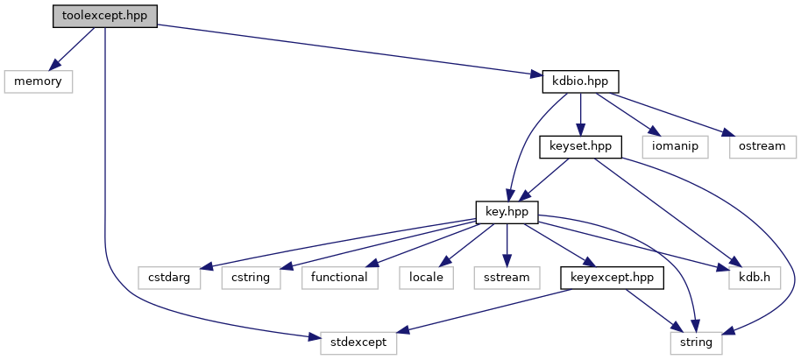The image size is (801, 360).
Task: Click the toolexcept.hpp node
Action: (104, 17)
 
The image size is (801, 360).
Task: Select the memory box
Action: (37, 81)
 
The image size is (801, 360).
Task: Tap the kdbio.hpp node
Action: (580, 81)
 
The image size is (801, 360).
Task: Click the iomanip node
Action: (674, 146)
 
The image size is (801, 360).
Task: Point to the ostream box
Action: (761, 146)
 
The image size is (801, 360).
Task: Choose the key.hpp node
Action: (507, 211)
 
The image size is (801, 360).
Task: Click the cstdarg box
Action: (169, 278)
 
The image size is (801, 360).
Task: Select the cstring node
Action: (250, 278)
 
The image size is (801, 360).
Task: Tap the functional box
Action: (340, 278)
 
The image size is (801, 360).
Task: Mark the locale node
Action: (426, 278)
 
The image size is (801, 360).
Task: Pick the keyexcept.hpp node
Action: (612, 278)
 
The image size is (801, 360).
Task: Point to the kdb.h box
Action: (755, 278)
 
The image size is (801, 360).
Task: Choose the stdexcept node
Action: (357, 342)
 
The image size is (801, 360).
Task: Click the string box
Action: (697, 342)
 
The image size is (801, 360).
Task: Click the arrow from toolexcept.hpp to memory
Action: (73, 49)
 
